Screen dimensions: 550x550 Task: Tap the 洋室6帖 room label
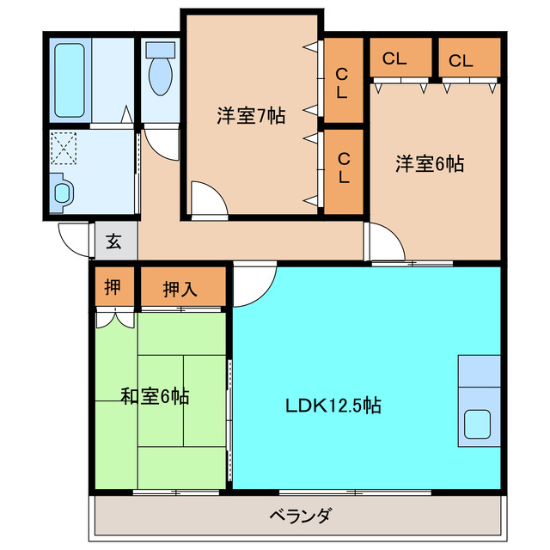[x=429, y=164]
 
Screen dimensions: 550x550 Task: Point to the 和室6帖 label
[x=155, y=397]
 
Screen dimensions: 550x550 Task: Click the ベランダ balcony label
[x=299, y=516]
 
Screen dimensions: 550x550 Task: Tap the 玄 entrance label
[x=113, y=241]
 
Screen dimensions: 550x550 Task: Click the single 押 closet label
[x=113, y=289]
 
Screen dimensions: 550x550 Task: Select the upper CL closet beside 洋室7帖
[x=342, y=83]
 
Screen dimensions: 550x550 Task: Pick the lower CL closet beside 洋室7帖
[x=342, y=168]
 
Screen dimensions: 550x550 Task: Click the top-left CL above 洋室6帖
[x=394, y=59]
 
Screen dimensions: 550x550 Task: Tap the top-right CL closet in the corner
[x=461, y=60]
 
